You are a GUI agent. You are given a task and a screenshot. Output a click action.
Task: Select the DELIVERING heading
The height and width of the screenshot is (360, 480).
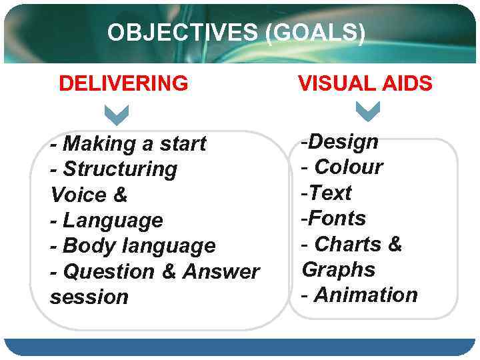coord(123,84)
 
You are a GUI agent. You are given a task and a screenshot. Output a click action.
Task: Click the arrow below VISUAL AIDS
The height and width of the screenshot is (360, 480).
coord(367,111)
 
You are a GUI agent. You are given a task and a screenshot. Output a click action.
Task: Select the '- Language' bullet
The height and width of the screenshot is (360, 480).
coord(107,221)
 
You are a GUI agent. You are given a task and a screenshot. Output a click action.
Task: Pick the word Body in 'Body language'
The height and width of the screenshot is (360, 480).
coord(84,246)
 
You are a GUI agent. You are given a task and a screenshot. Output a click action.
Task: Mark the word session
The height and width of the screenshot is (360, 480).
coord(89,297)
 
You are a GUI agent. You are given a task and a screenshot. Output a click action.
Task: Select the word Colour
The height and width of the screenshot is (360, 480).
coord(349,167)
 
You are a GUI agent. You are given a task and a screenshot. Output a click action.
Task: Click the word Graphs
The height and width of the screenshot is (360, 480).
coord(339,270)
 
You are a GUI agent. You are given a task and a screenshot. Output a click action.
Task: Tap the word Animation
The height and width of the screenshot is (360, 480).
coord(365,295)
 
